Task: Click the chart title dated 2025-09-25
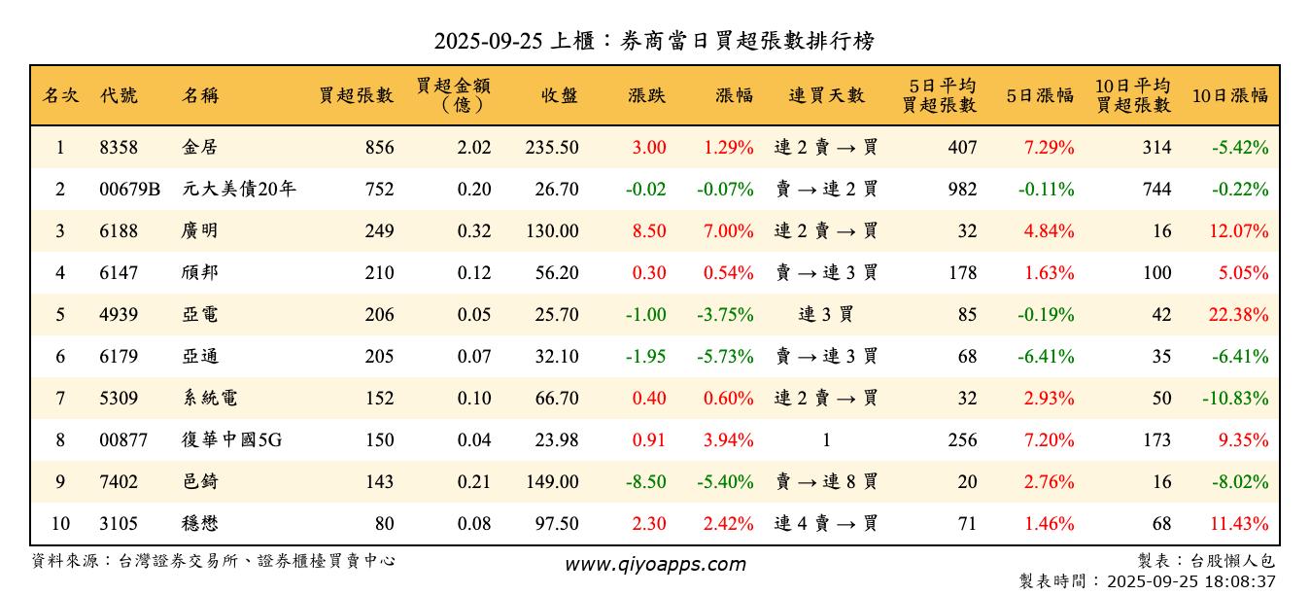[x=654, y=41]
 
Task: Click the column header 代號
[x=119, y=95]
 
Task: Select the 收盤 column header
[x=560, y=95]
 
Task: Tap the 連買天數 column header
[x=826, y=95]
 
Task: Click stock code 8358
[x=119, y=148]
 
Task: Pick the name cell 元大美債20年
[x=238, y=190]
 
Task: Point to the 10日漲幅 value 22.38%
[x=1239, y=315]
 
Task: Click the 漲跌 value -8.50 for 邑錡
[x=645, y=482]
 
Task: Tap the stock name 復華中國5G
[x=231, y=440]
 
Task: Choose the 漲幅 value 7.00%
[x=728, y=231]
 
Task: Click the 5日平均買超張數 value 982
[x=961, y=190]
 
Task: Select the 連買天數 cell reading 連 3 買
[x=826, y=315]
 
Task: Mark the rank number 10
[x=60, y=524]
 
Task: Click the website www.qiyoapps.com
[x=655, y=565]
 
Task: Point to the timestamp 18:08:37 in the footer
[x=1239, y=581]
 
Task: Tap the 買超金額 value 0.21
[x=474, y=482]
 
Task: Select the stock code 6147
[x=119, y=273]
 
